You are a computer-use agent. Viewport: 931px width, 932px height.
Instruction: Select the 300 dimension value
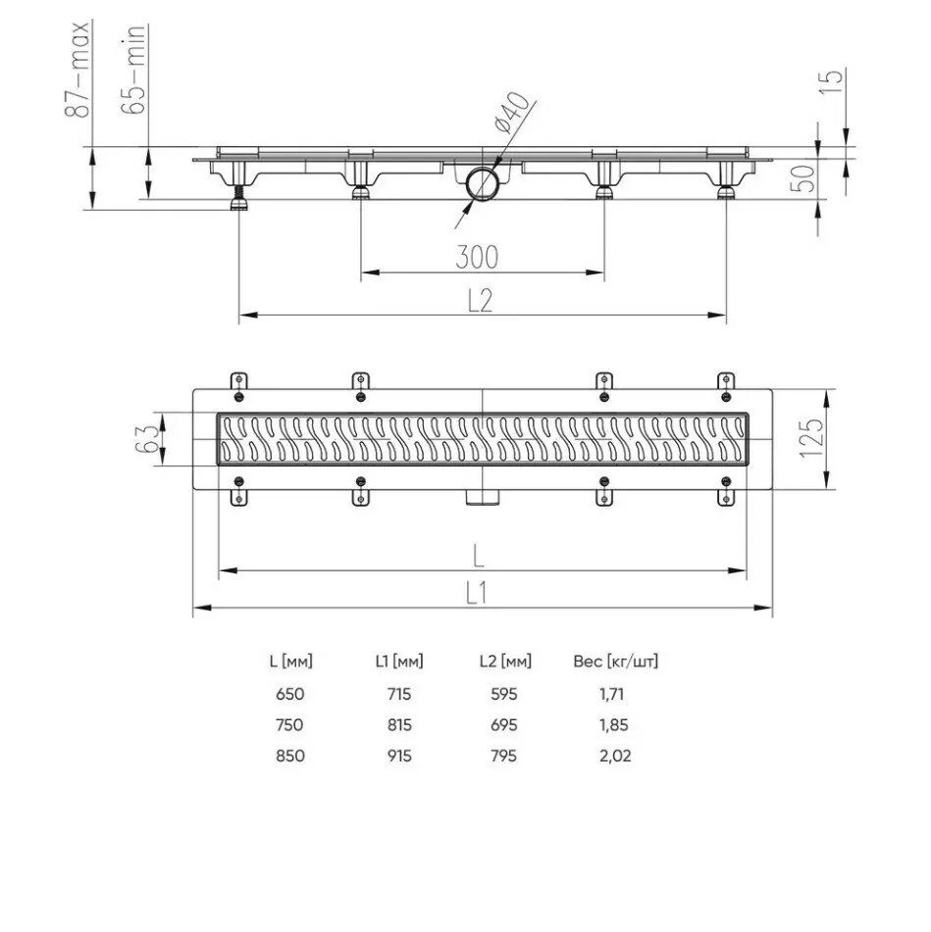(x=478, y=258)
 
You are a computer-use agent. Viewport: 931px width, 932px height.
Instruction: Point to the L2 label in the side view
(x=478, y=302)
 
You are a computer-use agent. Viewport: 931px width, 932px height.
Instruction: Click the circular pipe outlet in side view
(x=483, y=183)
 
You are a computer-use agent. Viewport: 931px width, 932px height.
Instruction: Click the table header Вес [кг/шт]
(x=615, y=662)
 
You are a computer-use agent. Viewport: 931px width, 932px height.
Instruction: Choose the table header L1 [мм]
(x=398, y=662)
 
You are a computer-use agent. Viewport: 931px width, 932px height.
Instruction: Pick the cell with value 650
(x=290, y=694)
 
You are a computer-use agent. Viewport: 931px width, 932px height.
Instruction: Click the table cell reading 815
(x=398, y=725)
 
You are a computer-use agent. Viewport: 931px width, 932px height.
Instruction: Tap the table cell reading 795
(x=504, y=756)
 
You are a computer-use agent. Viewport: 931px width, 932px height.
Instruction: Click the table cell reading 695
(x=504, y=725)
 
